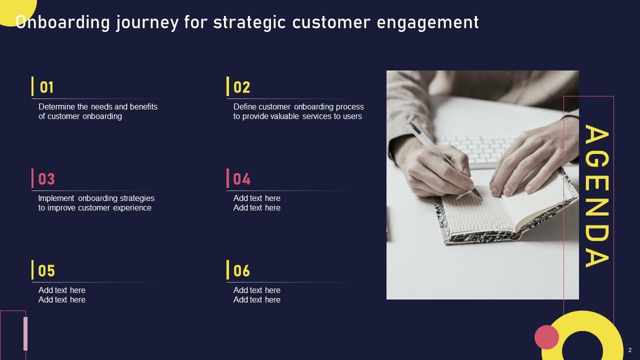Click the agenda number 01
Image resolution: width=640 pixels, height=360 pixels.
46,87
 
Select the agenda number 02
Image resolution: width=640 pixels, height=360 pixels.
241,87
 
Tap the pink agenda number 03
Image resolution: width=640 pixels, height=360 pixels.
46,179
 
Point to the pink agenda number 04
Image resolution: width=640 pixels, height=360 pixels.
241,179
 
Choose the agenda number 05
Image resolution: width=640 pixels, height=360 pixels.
46,271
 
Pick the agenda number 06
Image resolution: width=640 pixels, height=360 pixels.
241,271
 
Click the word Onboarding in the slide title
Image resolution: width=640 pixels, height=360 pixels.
63,22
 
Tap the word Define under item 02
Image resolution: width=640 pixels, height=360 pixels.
244,106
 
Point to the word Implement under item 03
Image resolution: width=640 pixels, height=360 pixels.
56,198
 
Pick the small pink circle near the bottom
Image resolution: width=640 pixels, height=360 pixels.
546,337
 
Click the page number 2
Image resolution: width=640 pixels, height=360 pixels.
630,350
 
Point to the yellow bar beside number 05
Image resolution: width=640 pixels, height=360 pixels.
32,270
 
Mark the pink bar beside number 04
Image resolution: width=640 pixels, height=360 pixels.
228,178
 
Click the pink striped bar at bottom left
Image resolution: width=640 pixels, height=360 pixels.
25,333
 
